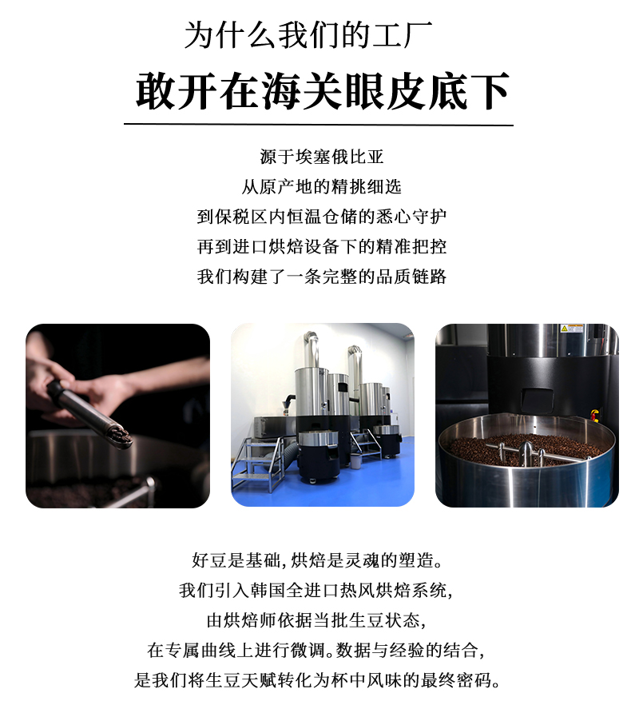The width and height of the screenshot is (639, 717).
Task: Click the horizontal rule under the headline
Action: pos(319,125)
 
